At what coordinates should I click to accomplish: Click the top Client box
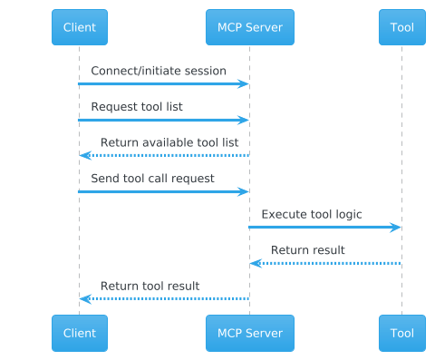tap(80, 27)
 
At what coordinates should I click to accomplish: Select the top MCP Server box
tap(250, 27)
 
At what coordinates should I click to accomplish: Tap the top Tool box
tap(401, 27)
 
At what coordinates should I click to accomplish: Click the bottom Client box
tap(80, 333)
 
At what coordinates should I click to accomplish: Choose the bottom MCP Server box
tap(250, 333)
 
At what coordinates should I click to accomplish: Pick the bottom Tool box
tap(401, 333)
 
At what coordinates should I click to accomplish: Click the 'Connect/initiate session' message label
tap(158, 71)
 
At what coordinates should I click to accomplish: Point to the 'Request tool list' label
tap(136, 107)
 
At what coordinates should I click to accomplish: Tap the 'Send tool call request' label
tap(152, 179)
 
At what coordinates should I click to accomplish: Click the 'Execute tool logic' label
tap(312, 214)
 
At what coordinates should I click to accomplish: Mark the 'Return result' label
tap(307, 250)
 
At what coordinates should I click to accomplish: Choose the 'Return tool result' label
tap(150, 286)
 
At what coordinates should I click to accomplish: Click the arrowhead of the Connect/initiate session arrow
tap(244, 83)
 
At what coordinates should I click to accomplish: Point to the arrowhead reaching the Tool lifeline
tap(395, 227)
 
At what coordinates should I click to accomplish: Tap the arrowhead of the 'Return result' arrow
tap(256, 263)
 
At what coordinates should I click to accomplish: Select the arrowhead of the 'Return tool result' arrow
tap(85, 298)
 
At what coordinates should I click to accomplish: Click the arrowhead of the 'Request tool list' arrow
tap(244, 120)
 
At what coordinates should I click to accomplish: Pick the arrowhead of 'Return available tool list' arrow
tap(85, 155)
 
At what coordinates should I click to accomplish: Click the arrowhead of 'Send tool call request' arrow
tap(244, 191)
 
